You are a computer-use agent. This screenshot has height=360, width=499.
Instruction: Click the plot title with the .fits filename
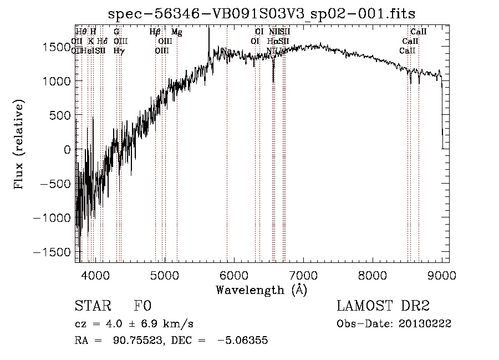pos(262,13)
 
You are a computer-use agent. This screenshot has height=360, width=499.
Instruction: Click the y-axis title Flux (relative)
pos(19,145)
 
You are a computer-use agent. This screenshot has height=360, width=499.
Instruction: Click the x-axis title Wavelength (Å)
pos(262,290)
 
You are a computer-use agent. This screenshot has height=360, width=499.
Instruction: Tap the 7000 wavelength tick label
pos(303,275)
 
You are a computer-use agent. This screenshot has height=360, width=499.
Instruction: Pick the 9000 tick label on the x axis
pos(442,275)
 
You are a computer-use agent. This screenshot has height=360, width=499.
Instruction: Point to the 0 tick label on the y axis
pos(67,150)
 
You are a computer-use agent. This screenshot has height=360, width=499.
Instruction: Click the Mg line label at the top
pos(176,32)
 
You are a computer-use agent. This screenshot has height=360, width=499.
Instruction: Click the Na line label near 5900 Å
pos(226,51)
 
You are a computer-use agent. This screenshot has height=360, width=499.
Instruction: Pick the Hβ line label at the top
pos(155,32)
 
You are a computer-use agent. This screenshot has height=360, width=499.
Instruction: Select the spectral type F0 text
pos(142,306)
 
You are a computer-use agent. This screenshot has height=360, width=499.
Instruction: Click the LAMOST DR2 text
pos(383,306)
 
